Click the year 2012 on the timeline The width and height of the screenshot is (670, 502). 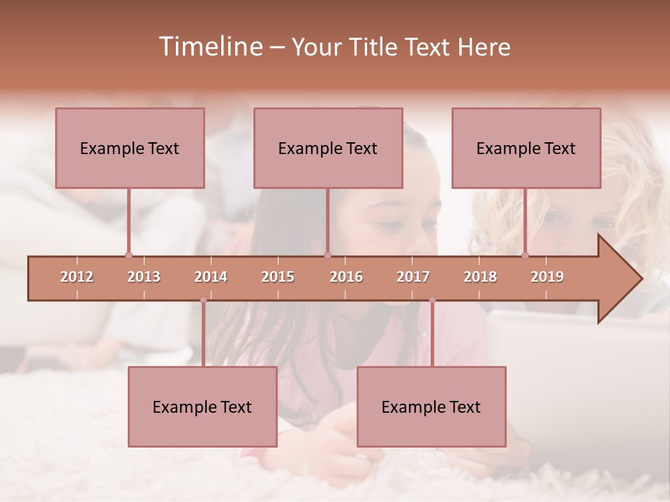pos(77,277)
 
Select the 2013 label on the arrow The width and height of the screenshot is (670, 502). pos(144,277)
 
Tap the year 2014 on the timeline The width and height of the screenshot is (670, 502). pos(211,277)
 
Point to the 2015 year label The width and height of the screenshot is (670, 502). pos(278,277)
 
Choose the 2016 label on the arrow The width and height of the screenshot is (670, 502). pos(346,277)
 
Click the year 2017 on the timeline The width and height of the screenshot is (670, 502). pos(413,277)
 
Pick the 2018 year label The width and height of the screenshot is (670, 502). pos(480,277)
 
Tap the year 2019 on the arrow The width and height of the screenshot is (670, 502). pos(547,277)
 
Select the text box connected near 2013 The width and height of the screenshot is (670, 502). pos(130,148)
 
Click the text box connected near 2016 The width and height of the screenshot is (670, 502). pos(328,148)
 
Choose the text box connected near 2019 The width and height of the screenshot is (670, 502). pos(526,148)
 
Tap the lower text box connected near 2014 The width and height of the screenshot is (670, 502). pos(202,406)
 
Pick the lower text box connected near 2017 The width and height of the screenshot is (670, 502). pos(431,406)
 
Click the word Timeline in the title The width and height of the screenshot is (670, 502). pos(209,47)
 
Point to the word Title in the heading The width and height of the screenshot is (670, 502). pos(375,47)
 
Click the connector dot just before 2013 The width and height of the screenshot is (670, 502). pos(128,255)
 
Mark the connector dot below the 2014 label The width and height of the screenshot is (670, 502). pos(203,300)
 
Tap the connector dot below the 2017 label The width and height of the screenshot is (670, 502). pos(432,300)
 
